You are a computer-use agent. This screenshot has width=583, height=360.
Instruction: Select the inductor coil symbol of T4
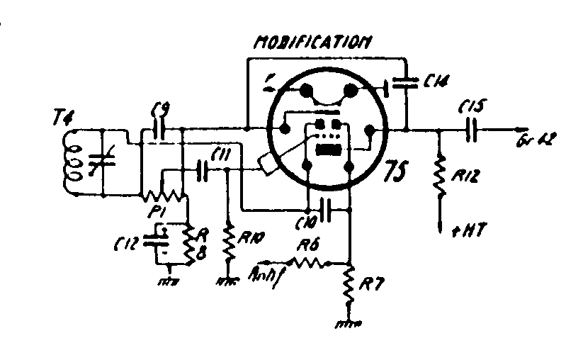pyautogui.click(x=71, y=161)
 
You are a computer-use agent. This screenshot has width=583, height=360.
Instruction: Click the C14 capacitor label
pyautogui.click(x=438, y=81)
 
